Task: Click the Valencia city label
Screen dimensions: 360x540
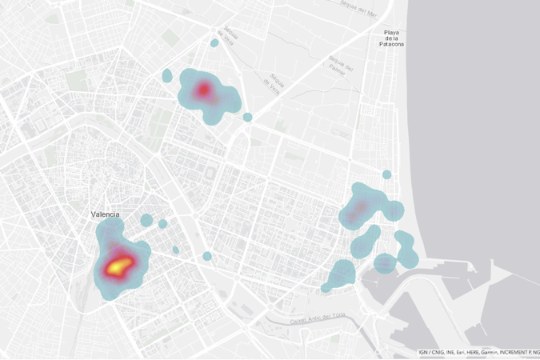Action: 106,214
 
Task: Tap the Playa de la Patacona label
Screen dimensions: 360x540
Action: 391,38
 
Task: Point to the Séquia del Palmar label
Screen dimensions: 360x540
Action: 339,61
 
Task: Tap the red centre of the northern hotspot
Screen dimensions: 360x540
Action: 203,89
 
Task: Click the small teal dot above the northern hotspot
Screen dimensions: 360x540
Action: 214,42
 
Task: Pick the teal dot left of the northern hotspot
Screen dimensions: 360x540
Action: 167,76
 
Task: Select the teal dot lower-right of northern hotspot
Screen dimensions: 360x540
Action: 247,117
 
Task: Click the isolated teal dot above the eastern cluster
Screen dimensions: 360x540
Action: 386,174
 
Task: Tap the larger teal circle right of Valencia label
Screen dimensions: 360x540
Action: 146,220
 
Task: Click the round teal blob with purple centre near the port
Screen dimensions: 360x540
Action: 385,262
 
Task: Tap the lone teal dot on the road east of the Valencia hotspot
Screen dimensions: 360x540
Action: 207,257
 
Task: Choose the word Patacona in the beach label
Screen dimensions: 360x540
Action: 391,44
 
